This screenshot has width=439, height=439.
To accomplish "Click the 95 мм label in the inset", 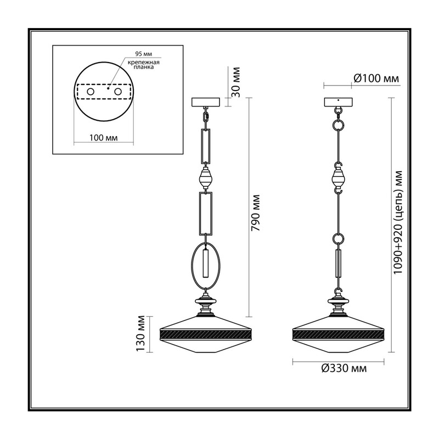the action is pos(144,54).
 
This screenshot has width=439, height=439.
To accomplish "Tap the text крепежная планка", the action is pos(144,65).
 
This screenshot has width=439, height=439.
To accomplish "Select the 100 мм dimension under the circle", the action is pos(103,138).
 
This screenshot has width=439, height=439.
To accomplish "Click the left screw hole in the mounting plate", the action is pos(91,92).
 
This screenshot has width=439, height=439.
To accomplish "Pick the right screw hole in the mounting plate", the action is pos(117,92).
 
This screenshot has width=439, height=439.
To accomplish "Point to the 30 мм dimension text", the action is pos(236,82).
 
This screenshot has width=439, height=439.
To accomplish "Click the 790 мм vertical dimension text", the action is pos(255,213).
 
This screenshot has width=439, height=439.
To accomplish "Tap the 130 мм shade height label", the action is pos(140,334).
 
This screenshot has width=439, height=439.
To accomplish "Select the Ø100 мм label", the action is pos(376,78).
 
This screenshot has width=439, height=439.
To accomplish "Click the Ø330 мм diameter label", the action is pos(344,368).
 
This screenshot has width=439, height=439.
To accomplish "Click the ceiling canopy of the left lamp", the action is pos(206,102).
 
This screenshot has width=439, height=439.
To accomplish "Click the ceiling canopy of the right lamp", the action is pos(338,102).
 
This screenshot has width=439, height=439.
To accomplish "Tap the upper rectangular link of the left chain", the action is pos(202,146).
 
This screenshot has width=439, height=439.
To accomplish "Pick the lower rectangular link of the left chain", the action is pos(200,213).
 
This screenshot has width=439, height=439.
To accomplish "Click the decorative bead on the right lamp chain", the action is pos(338,177).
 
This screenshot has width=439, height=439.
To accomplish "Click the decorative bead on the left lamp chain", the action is pos(206,177).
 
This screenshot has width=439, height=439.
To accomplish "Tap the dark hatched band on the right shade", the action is pos(338,334).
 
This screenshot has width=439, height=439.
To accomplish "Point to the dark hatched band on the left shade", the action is pos(206,334).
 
